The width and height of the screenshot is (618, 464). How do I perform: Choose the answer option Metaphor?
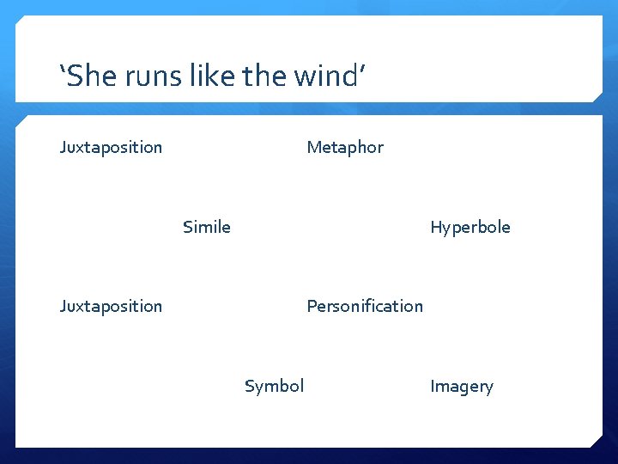345,147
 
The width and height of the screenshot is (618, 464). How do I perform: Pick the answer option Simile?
206,227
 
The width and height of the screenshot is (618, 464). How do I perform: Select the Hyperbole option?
470,227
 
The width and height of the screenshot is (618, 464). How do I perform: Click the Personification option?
365,306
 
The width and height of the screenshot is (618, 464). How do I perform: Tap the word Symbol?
274,386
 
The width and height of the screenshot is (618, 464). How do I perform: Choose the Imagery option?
461,386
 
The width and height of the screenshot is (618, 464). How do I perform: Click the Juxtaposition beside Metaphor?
111,147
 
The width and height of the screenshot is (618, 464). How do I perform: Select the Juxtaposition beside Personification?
111,306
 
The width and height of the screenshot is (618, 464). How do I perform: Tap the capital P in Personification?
312,306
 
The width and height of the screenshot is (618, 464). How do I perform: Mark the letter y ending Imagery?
489,388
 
